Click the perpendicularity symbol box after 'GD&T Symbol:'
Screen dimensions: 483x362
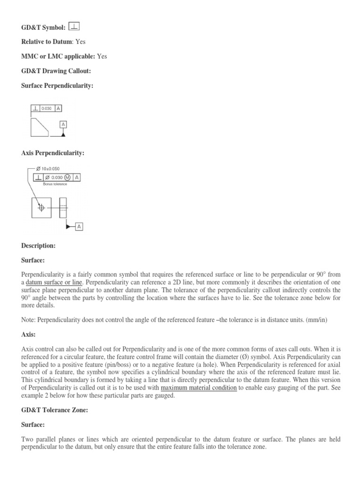pos(74,26)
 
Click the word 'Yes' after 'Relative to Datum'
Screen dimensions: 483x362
pos(81,42)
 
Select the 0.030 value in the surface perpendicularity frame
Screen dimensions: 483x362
pos(48,108)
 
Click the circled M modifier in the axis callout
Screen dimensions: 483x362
pos(68,177)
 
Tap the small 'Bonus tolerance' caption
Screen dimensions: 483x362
pos(55,184)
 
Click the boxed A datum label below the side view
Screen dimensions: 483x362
pos(79,227)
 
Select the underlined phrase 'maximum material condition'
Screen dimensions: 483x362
pos(198,388)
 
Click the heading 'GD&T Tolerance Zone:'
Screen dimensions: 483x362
pos(55,410)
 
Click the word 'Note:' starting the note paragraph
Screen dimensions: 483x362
pos(29,320)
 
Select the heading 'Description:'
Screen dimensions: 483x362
pos(39,246)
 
